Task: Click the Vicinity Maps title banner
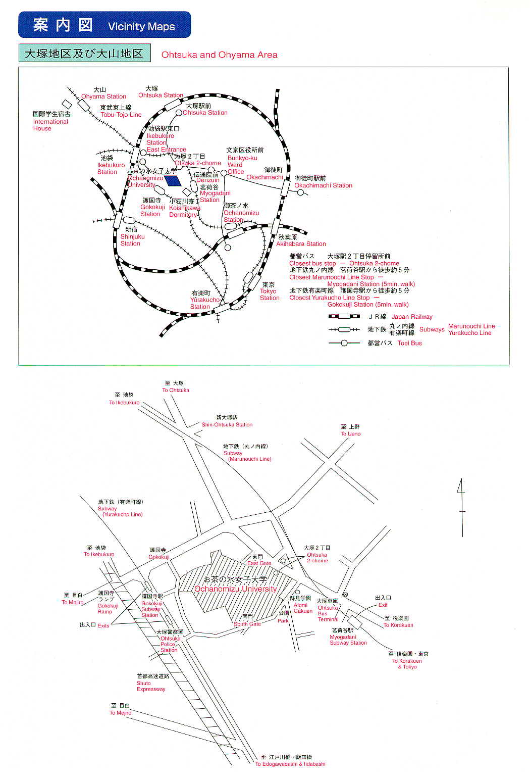pos(104,25)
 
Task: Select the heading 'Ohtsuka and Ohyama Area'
pos(219,55)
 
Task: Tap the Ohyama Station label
pos(103,96)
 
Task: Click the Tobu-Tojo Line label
pos(121,115)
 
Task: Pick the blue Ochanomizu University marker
pos(173,180)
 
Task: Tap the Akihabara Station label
pos(301,244)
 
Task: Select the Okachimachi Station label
pos(323,185)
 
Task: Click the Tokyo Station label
pos(269,295)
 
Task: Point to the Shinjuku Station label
pos(132,240)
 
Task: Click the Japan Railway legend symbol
pos(344,316)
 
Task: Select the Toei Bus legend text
pos(409,343)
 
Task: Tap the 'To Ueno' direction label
pos(350,433)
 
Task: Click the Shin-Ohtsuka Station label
pos(227,424)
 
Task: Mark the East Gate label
pos(259,563)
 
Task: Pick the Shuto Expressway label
pos(150,686)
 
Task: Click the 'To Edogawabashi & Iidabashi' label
pos(290,764)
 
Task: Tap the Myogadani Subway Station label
pos(348,640)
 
